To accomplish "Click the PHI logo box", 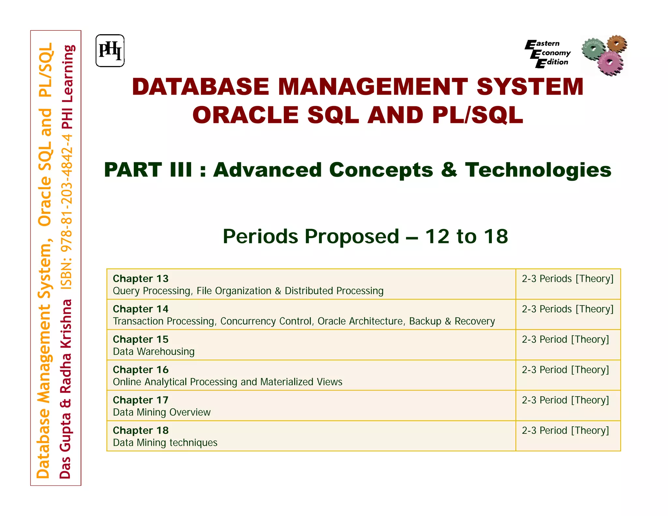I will click(110, 51).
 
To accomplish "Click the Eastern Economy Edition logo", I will click(548, 53).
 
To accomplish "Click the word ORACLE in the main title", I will click(245, 115).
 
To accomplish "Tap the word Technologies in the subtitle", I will click(538, 170).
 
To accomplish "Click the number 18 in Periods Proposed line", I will click(496, 236).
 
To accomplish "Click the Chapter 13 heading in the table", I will click(141, 279).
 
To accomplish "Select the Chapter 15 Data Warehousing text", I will click(153, 352).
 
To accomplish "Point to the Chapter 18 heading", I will click(141, 430).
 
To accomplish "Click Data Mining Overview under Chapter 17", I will click(161, 412).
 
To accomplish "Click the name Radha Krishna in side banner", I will click(66, 346).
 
